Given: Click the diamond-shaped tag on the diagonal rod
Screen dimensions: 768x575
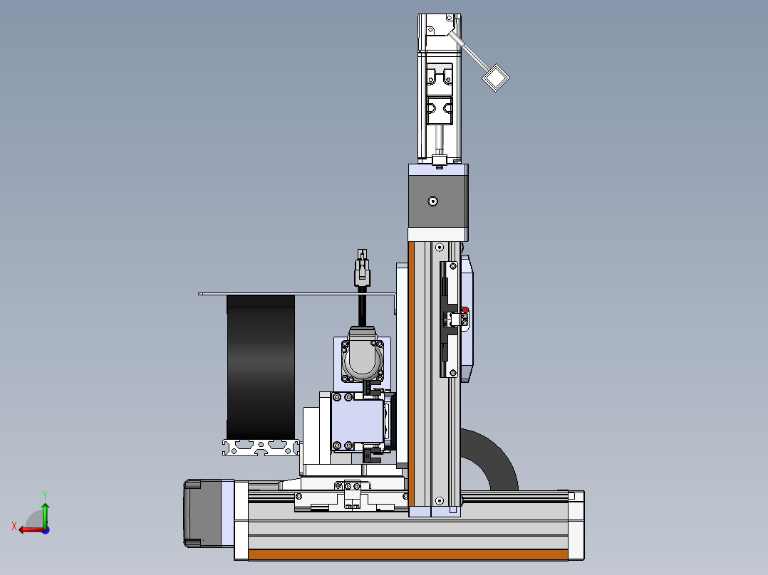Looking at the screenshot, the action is pos(496,78).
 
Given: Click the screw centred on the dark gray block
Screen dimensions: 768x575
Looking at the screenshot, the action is pos(432,201).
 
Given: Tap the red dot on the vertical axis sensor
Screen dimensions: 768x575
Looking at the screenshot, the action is pos(465,310).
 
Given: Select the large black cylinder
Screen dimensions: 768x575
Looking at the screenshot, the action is pos(261,367).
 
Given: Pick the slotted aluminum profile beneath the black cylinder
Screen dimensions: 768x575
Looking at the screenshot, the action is pos(261,448).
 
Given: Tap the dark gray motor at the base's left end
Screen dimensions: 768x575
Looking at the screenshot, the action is pos(202,513).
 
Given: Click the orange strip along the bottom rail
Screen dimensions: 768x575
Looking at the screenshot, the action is pos(408,554).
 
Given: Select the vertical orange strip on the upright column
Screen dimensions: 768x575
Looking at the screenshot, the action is pos(411,374).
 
